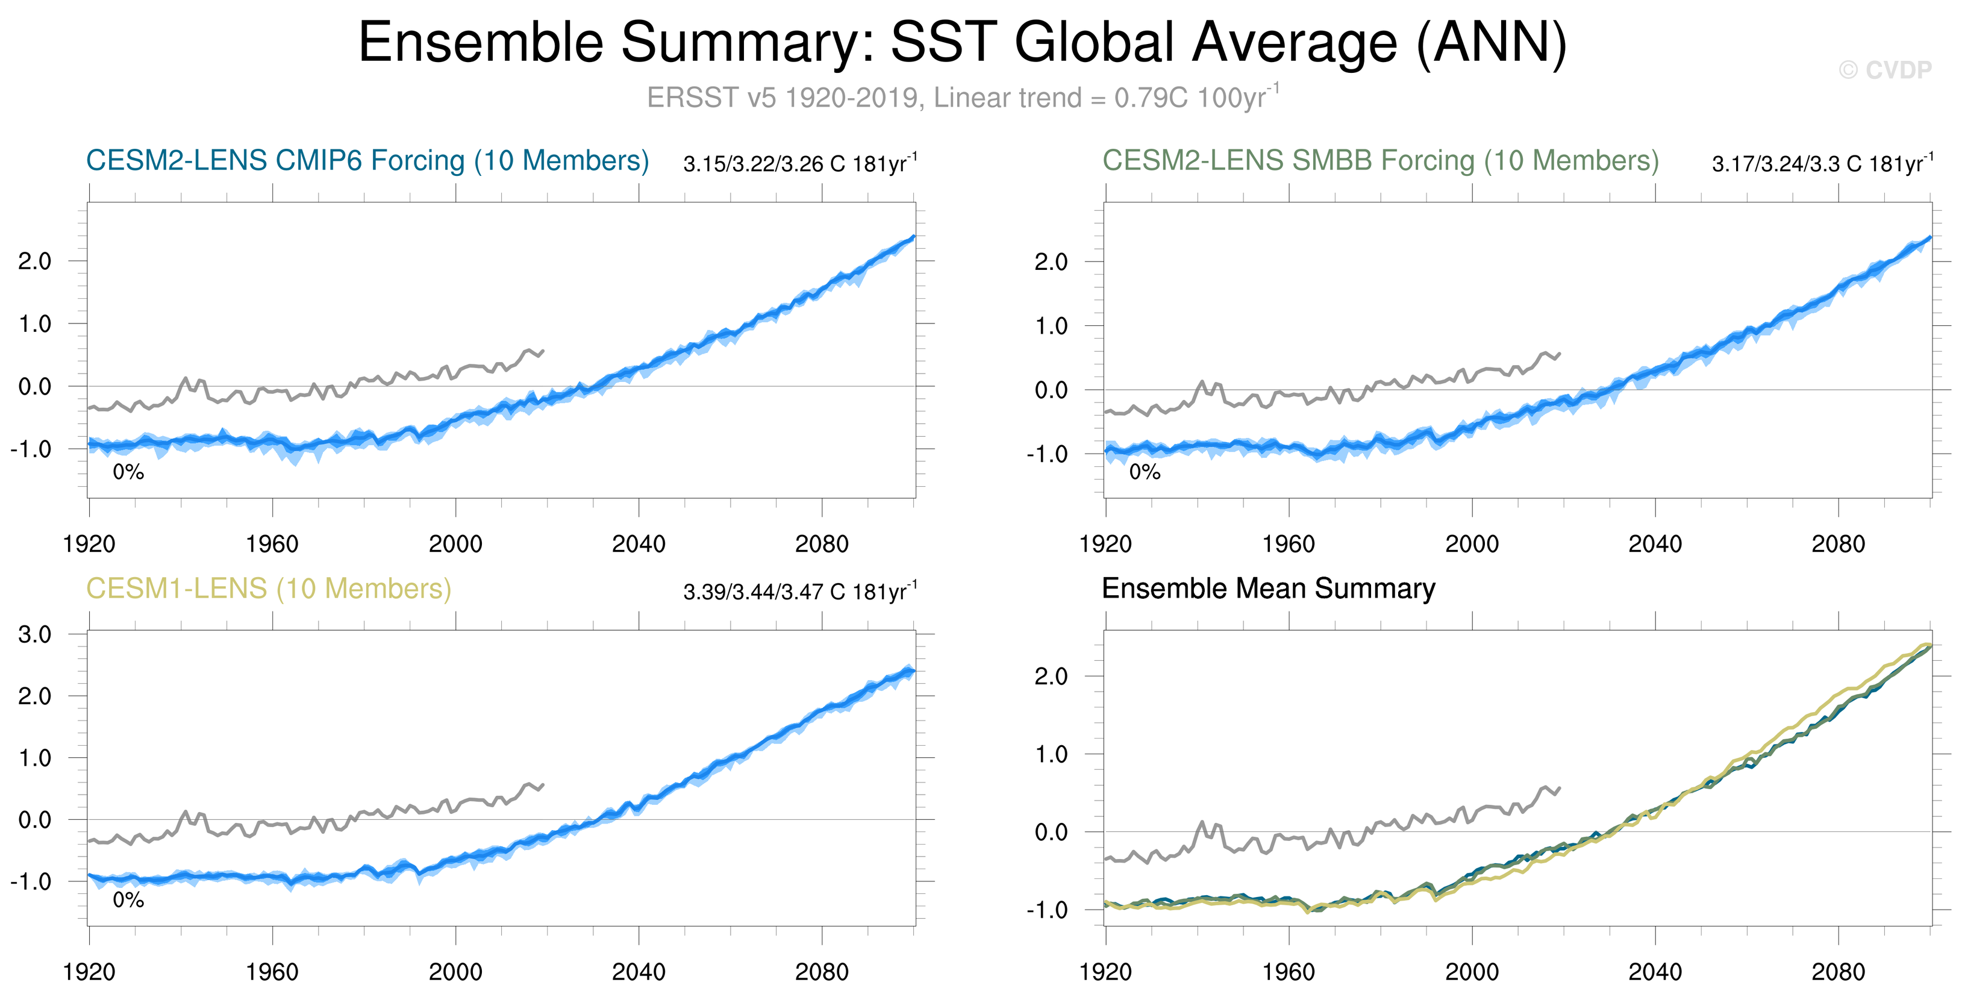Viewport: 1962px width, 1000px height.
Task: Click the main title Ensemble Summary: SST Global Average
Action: pos(962,42)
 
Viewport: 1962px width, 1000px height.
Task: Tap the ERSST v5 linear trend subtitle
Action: pos(962,98)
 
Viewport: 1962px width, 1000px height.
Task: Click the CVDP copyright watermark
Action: pos(1884,70)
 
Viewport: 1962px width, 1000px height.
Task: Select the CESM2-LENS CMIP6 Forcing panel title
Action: pos(367,161)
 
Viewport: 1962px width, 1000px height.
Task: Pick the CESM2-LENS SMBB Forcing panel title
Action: pos(1380,161)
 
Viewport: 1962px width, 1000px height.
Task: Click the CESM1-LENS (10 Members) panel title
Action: pos(268,589)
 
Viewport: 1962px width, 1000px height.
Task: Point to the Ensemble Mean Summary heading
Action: pos(1268,589)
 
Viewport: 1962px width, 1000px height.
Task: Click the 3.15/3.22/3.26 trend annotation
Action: pos(800,164)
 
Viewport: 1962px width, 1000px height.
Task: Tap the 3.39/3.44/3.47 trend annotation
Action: pos(800,592)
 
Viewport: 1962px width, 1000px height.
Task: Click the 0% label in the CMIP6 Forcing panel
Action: pos(128,472)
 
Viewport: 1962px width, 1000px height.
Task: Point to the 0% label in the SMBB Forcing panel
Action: pos(1144,472)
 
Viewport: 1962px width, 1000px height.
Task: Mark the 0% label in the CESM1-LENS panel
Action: pos(128,900)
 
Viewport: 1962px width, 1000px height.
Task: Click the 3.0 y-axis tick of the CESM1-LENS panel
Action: pos(35,634)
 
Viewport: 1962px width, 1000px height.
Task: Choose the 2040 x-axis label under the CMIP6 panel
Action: pos(639,545)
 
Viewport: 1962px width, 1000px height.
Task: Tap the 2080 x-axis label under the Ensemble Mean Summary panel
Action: pos(1838,972)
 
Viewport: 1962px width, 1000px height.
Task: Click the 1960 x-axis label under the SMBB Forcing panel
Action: pos(1288,545)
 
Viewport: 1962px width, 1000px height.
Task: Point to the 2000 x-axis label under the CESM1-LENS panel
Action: pos(455,972)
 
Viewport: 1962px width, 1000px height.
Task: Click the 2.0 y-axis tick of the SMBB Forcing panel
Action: pos(1051,262)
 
